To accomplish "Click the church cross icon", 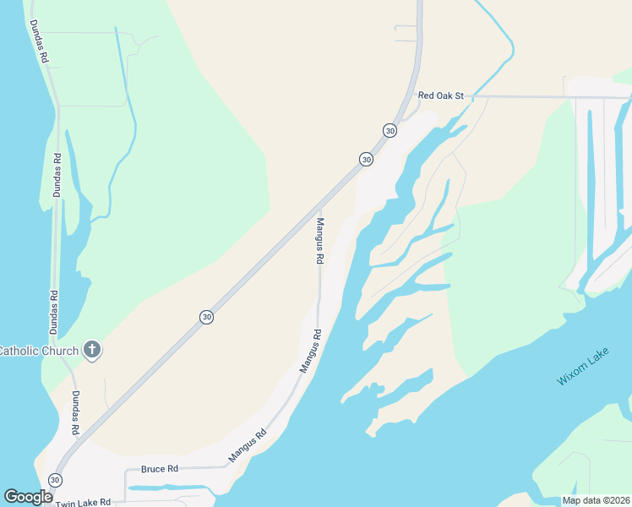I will click(x=92, y=350).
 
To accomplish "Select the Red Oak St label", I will click(x=442, y=96).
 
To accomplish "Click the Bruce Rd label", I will click(x=160, y=468).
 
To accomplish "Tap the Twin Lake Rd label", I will click(x=83, y=502).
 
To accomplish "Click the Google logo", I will click(x=28, y=497).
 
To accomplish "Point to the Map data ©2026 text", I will click(x=596, y=500).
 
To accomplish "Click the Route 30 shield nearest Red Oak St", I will click(x=390, y=130).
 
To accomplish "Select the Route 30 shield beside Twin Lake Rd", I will click(x=55, y=480).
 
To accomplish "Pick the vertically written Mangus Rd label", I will click(x=320, y=242).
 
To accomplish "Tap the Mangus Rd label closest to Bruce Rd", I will click(x=248, y=445).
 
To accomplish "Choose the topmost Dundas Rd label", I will click(x=40, y=43).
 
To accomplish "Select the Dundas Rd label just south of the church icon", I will click(x=75, y=413).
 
